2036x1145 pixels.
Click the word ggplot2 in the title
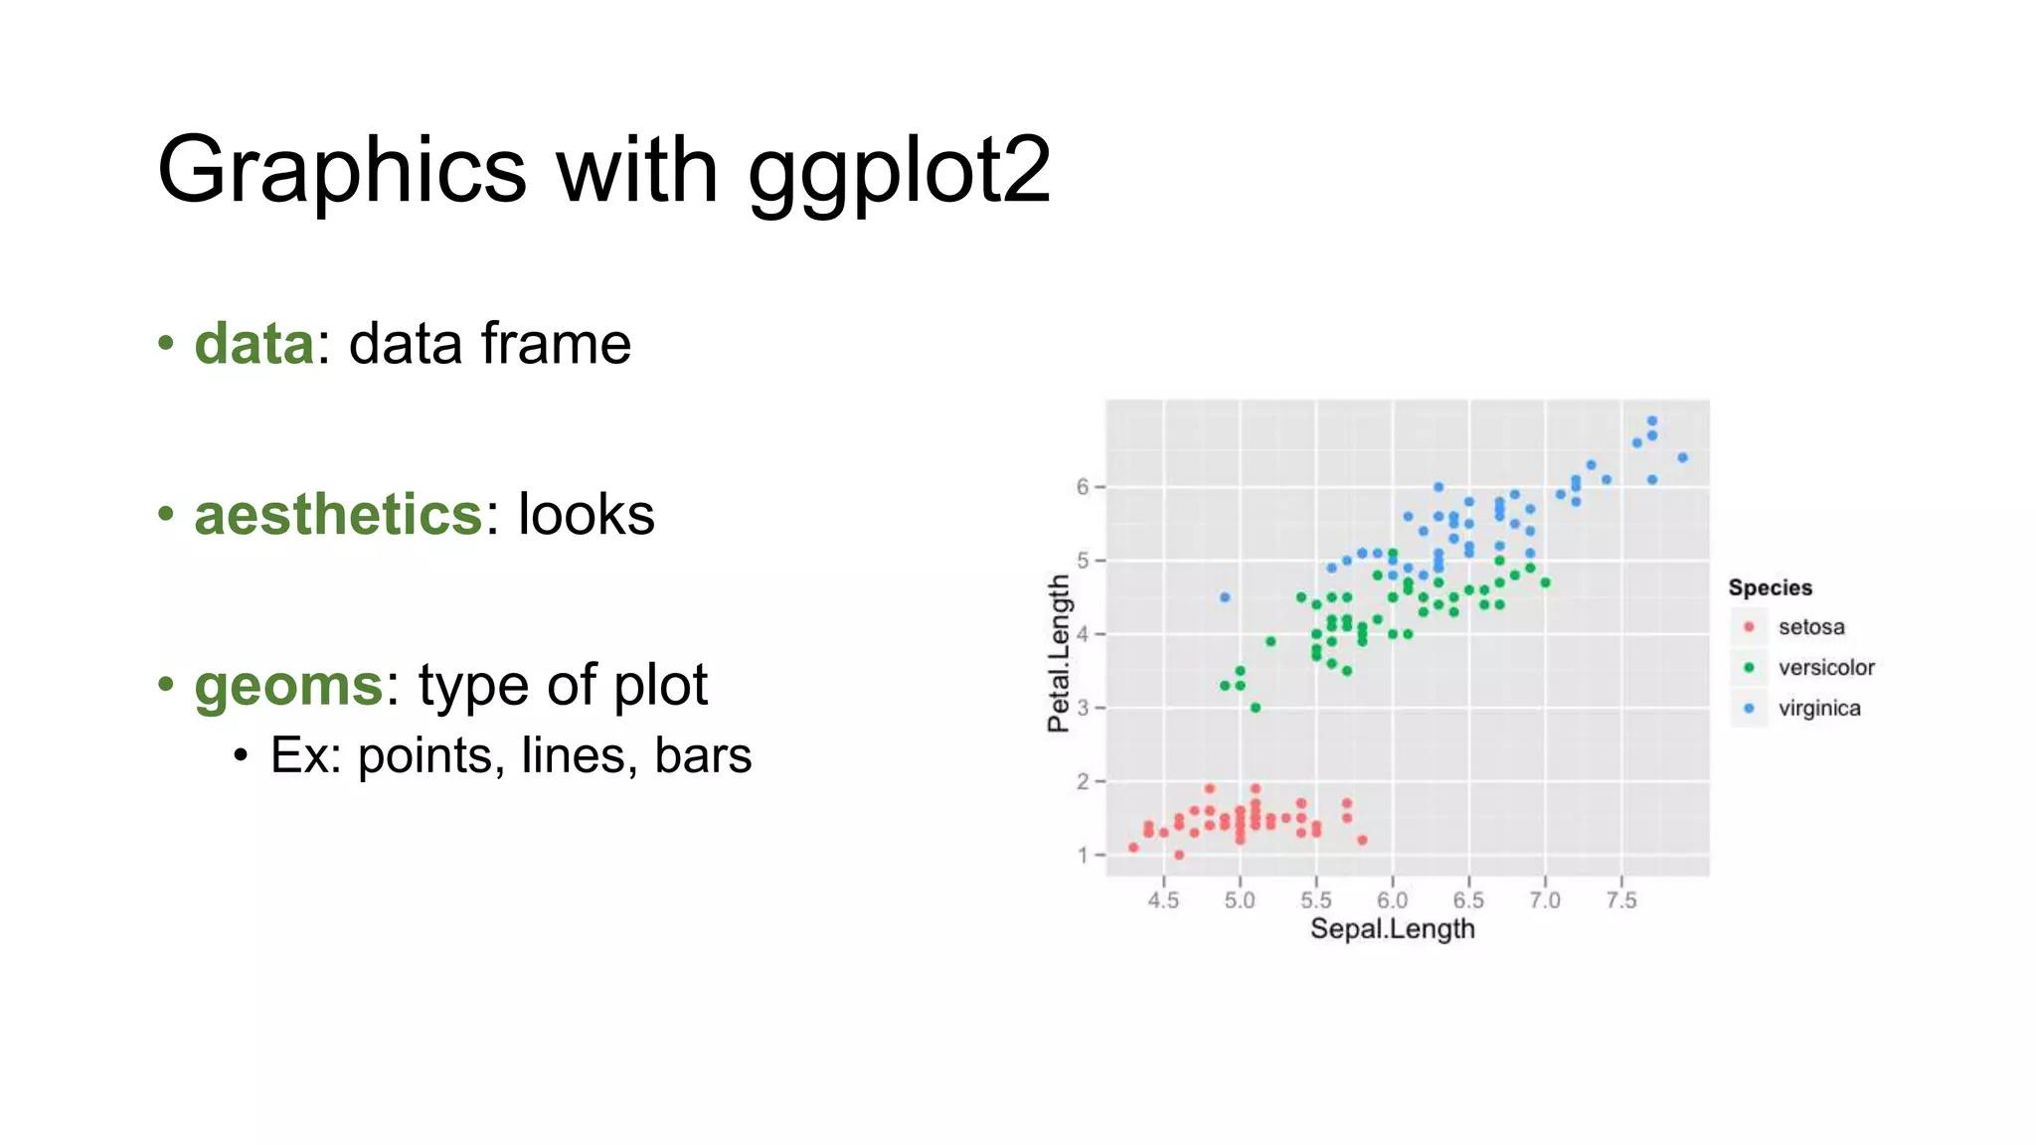tap(899, 171)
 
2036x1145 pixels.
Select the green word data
tap(254, 344)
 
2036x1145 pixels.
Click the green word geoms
tap(288, 686)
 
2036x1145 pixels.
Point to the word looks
tap(586, 515)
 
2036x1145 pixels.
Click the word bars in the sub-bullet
tap(703, 755)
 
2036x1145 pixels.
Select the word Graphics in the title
tap(341, 171)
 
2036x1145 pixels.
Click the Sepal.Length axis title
tap(1392, 929)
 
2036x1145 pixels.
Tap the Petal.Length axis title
tap(1059, 653)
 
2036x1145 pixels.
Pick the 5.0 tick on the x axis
tap(1240, 900)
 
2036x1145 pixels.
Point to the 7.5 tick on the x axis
tap(1620, 900)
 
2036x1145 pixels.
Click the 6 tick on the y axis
tap(1083, 487)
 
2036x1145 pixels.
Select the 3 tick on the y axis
tap(1083, 708)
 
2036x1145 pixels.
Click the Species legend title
tap(1770, 587)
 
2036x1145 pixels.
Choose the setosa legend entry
tap(1810, 627)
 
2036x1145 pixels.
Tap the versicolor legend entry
tap(1825, 668)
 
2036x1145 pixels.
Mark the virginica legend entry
tap(1818, 709)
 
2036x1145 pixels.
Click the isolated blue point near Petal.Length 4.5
tap(1225, 597)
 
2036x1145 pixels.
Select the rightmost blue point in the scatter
tap(1682, 458)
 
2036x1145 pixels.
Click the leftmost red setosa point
tap(1133, 848)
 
